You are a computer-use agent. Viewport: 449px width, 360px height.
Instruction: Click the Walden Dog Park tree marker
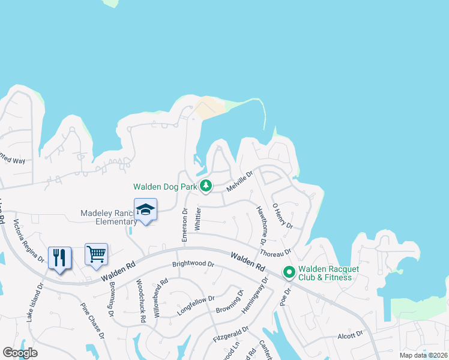tap(206, 186)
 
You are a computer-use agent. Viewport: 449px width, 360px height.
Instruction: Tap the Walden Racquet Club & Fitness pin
tap(289, 273)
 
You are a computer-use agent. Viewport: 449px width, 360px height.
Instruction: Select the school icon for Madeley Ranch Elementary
tap(145, 210)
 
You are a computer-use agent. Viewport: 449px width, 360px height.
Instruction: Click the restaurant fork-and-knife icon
tap(60, 258)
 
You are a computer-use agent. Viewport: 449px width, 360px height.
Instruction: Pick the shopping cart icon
tap(96, 254)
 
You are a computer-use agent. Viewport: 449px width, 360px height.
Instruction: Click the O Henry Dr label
tap(282, 216)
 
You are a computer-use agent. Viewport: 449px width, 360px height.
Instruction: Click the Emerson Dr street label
tap(185, 225)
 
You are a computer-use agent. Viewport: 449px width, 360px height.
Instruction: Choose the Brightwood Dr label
tap(193, 264)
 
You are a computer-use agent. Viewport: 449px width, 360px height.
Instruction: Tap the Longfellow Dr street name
tap(196, 305)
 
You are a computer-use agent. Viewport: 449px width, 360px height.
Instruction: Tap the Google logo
tap(20, 353)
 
